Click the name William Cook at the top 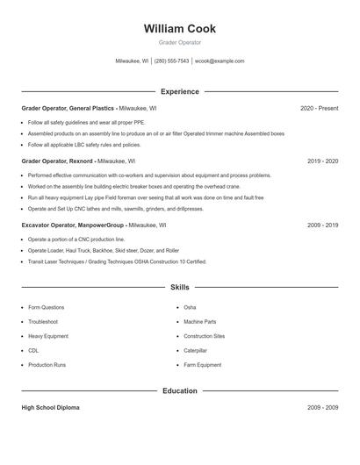pyautogui.click(x=179, y=29)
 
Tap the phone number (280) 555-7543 pyautogui.click(x=171, y=61)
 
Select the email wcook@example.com pyautogui.click(x=220, y=61)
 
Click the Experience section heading pyautogui.click(x=179, y=91)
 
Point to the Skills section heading pyautogui.click(x=179, y=287)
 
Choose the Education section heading pyautogui.click(x=179, y=390)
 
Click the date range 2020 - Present pyautogui.click(x=319, y=108)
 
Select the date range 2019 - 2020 pyautogui.click(x=322, y=161)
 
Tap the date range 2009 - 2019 pyautogui.click(x=322, y=225)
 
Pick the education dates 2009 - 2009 pyautogui.click(x=322, y=408)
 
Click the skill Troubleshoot pyautogui.click(x=43, y=322)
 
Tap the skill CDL pyautogui.click(x=33, y=350)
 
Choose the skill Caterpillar pyautogui.click(x=196, y=350)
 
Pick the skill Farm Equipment pyautogui.click(x=202, y=364)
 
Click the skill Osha pyautogui.click(x=190, y=308)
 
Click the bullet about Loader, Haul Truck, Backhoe pyautogui.click(x=103, y=250)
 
